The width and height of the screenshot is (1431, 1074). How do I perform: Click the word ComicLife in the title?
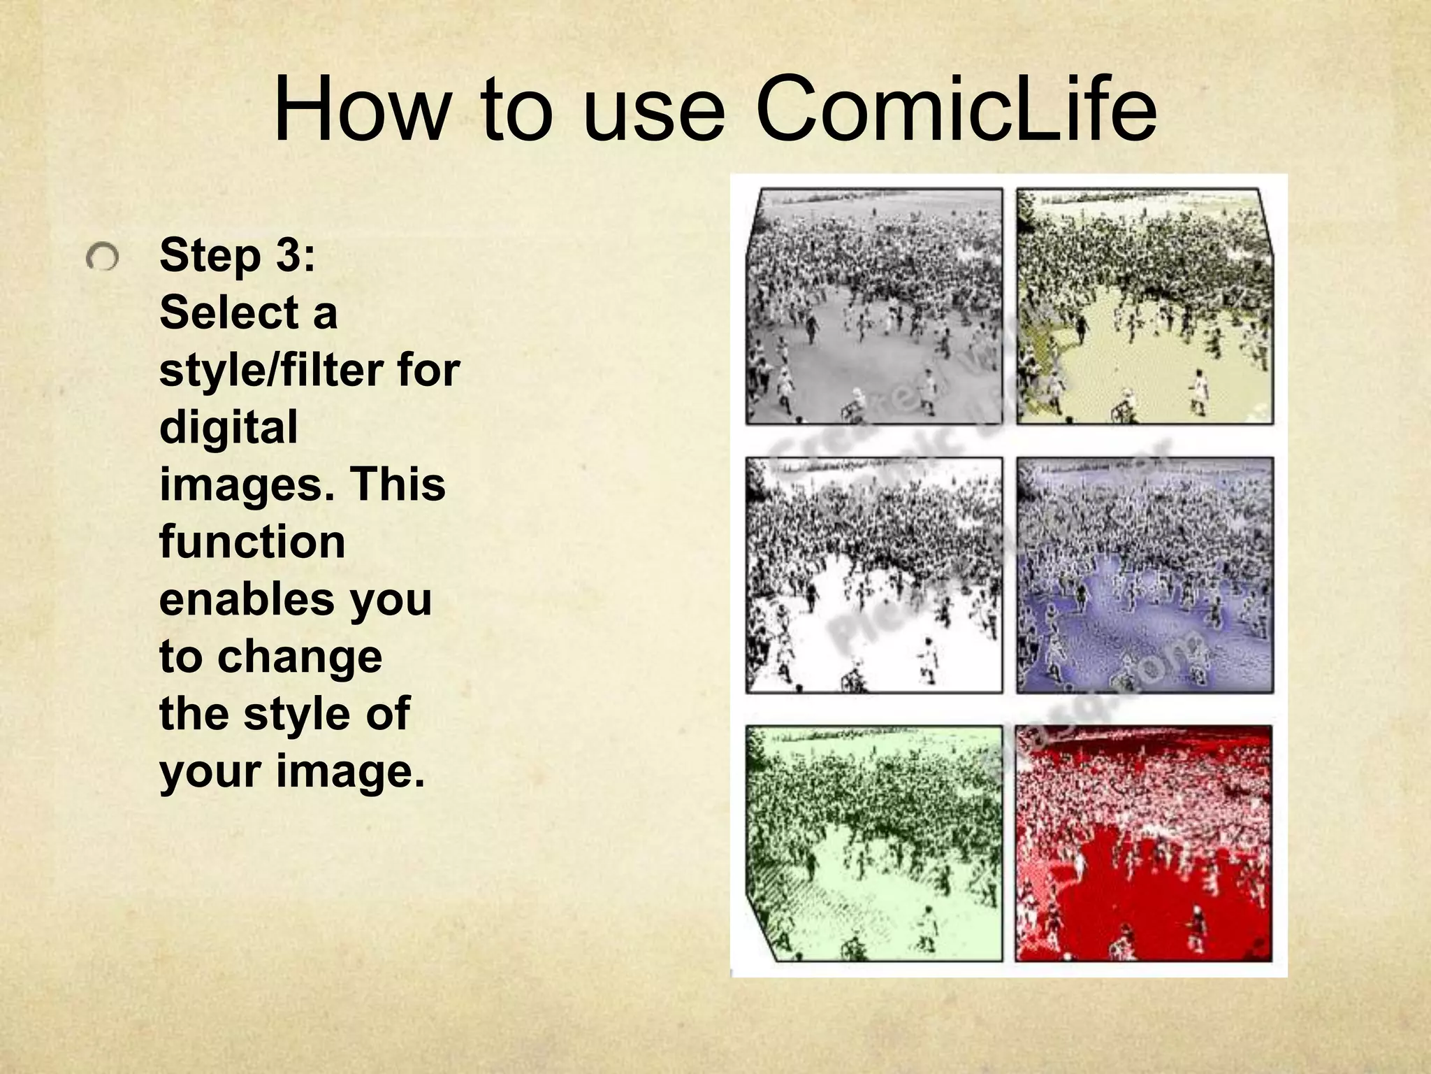tap(956, 110)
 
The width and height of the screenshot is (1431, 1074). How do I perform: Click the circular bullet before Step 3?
tap(103, 258)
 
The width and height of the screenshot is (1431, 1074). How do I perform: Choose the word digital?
tap(228, 427)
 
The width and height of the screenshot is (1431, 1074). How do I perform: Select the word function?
tap(252, 542)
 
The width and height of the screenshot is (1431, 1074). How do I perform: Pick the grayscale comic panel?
tap(873, 306)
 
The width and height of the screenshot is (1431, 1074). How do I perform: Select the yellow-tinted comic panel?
tap(1145, 306)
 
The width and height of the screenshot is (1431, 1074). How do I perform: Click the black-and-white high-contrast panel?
tap(873, 575)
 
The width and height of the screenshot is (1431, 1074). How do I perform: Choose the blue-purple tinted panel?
tap(1145, 575)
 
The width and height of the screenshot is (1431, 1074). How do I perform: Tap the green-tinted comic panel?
tap(873, 843)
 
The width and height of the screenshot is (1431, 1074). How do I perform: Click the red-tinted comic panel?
tap(1144, 843)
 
